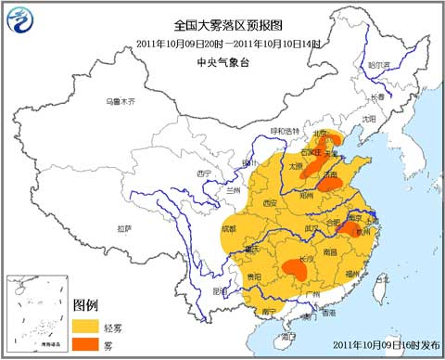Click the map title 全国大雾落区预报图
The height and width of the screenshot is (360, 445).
pos(222,26)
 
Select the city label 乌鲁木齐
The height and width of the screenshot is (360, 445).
pos(120,100)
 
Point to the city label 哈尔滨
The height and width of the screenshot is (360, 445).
pos(380,66)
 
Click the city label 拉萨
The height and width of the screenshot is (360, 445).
pos(123,227)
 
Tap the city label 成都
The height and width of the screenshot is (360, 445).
pos(228,227)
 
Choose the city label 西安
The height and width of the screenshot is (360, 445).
pos(270,202)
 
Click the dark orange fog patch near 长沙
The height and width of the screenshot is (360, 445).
pos(296,270)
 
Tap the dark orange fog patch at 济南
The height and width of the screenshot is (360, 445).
pos(328,184)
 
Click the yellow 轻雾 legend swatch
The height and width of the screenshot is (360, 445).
pos(86,325)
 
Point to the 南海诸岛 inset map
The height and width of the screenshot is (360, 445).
pos(37,315)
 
